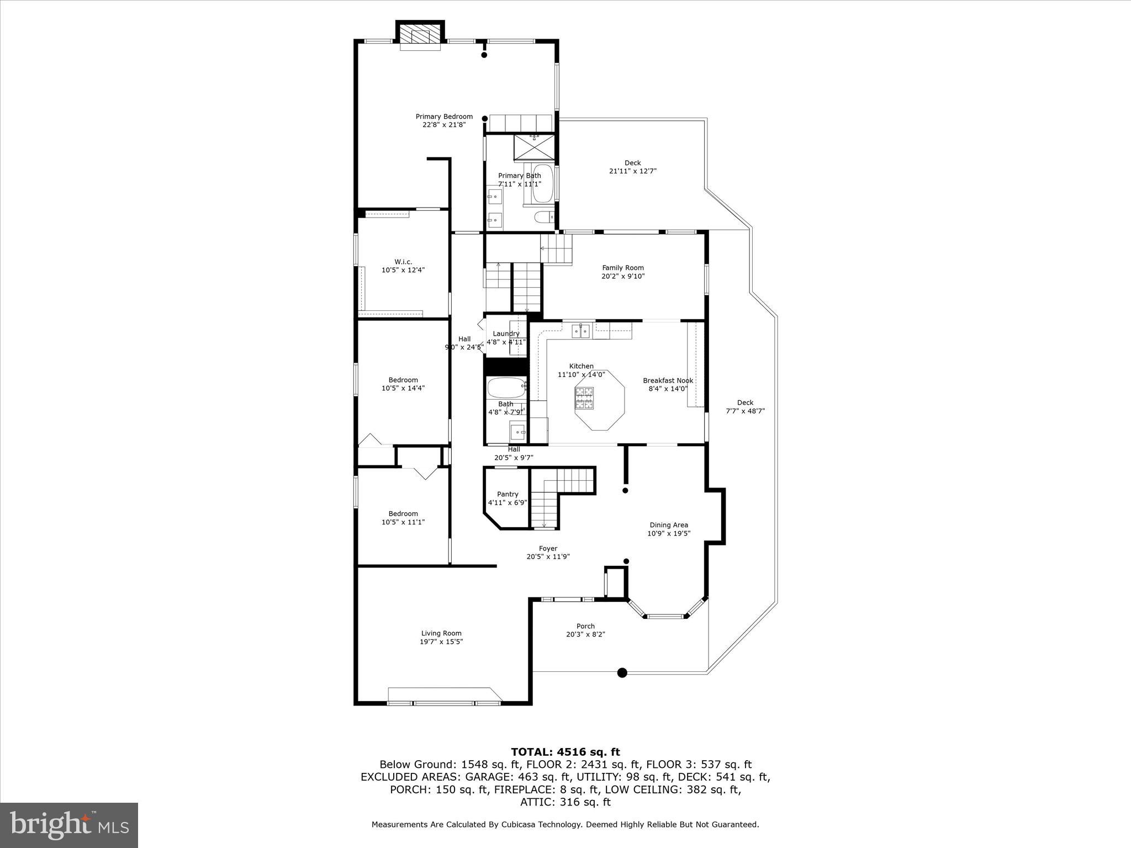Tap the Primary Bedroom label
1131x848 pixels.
pyautogui.click(x=444, y=116)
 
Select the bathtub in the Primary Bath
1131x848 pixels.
pyautogui.click(x=542, y=183)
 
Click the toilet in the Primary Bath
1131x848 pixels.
pyautogui.click(x=544, y=217)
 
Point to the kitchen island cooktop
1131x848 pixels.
pyautogui.click(x=585, y=399)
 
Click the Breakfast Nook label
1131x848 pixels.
pyautogui.click(x=668, y=380)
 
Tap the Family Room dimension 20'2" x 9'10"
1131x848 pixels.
pyautogui.click(x=623, y=276)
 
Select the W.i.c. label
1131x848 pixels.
pyautogui.click(x=403, y=262)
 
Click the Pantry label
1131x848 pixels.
pyautogui.click(x=508, y=494)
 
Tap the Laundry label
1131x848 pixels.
pyautogui.click(x=506, y=333)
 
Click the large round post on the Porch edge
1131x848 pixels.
pyautogui.click(x=622, y=672)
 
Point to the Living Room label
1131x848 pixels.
pyautogui.click(x=441, y=633)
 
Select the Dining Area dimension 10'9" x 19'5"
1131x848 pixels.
pyautogui.click(x=669, y=533)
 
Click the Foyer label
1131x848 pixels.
pyautogui.click(x=548, y=548)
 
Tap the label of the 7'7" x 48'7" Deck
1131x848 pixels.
pyautogui.click(x=745, y=402)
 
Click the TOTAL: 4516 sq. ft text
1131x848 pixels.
pyautogui.click(x=565, y=752)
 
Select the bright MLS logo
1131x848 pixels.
pyautogui.click(x=69, y=825)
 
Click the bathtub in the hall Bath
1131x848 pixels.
pyautogui.click(x=506, y=388)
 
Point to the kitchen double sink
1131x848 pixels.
pyautogui.click(x=580, y=331)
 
